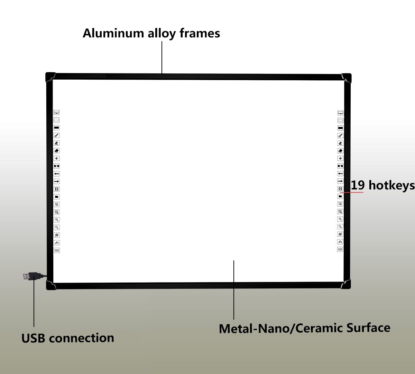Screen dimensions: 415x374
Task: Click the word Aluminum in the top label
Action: pyautogui.click(x=113, y=33)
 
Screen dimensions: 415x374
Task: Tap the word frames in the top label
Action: pyautogui.click(x=200, y=33)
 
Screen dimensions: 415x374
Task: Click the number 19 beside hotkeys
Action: pyautogui.click(x=358, y=185)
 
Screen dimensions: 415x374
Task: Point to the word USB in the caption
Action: pyautogui.click(x=33, y=338)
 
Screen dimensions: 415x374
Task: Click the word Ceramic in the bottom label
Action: pyautogui.click(x=319, y=328)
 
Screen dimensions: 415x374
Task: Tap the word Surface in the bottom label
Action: pyautogui.click(x=368, y=328)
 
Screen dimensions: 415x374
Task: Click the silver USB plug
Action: pyautogui.click(x=26, y=276)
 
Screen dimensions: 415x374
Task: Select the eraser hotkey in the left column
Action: pyautogui.click(x=56, y=151)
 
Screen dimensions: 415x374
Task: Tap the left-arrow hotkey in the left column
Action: pyautogui.click(x=56, y=173)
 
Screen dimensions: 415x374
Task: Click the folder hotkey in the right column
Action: pyautogui.click(x=340, y=196)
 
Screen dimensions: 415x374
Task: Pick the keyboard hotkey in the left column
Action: pyautogui.click(x=57, y=250)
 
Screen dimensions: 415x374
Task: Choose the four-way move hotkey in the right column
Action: pyautogui.click(x=340, y=158)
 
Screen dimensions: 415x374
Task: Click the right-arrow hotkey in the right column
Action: pyautogui.click(x=340, y=181)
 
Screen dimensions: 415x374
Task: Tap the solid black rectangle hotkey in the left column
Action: pyautogui.click(x=56, y=128)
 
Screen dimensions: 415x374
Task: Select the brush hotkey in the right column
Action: pyautogui.click(x=340, y=135)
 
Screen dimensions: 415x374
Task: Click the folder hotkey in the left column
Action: pyautogui.click(x=56, y=197)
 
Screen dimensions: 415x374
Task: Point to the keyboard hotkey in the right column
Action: pyautogui.click(x=340, y=249)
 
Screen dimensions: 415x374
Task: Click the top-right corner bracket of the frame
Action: pyautogui.click(x=347, y=78)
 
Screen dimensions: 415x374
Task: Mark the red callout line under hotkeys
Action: pyautogui.click(x=352, y=193)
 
